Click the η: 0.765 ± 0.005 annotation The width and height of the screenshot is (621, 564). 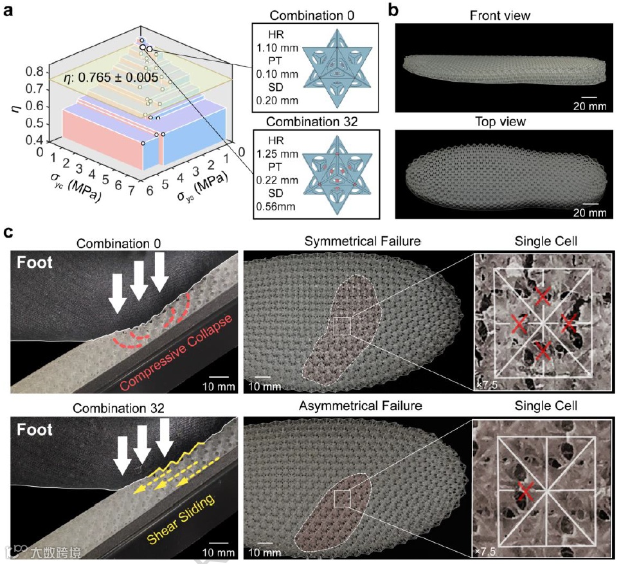111,78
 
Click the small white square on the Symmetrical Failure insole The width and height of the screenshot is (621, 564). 342,326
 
